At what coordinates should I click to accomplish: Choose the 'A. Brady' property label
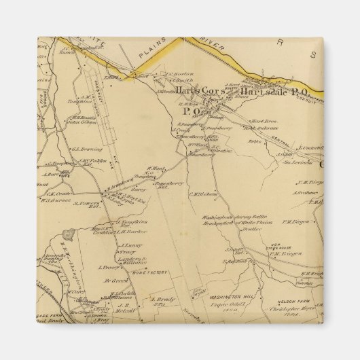[x=162, y=299]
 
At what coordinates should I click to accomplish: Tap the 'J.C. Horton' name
[x=179, y=75]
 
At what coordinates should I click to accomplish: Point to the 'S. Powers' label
[x=87, y=202]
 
